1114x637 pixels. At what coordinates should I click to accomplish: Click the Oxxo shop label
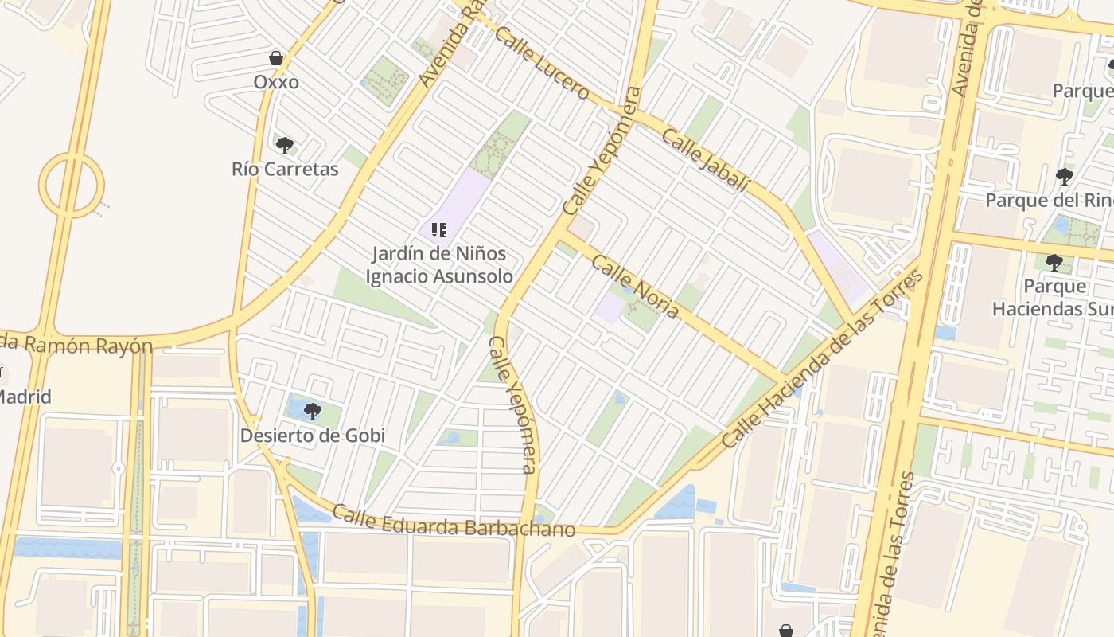276,82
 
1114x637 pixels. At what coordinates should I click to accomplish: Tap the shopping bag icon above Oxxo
276,58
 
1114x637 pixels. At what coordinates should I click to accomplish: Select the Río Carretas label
285,169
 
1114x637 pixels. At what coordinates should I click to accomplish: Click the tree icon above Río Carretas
284,145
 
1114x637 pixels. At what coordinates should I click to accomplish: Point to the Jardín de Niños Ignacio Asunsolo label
438,265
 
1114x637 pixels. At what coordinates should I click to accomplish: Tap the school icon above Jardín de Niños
438,230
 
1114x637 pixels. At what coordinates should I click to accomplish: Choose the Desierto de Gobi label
313,436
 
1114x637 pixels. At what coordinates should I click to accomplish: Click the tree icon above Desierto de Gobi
313,412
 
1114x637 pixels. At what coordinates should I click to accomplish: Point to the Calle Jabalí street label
706,160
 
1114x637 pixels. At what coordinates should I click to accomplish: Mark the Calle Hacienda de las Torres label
823,359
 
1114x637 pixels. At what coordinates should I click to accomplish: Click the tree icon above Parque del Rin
1064,176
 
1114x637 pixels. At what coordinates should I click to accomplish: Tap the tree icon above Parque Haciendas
1054,262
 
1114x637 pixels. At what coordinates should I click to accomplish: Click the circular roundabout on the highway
72,185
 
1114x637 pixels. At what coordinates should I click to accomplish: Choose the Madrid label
24,397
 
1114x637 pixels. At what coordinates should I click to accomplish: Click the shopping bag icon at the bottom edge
786,631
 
